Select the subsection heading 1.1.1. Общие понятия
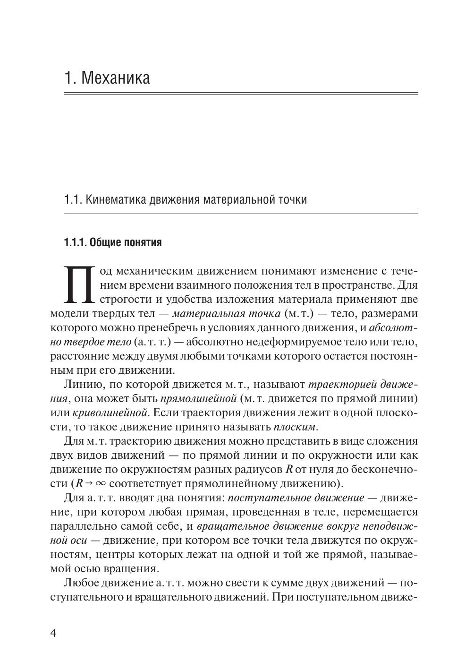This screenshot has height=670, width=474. point(113,243)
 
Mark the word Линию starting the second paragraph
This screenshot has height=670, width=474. point(81,385)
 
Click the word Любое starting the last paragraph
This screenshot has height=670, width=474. point(81,583)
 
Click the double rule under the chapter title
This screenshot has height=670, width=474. point(241,94)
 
